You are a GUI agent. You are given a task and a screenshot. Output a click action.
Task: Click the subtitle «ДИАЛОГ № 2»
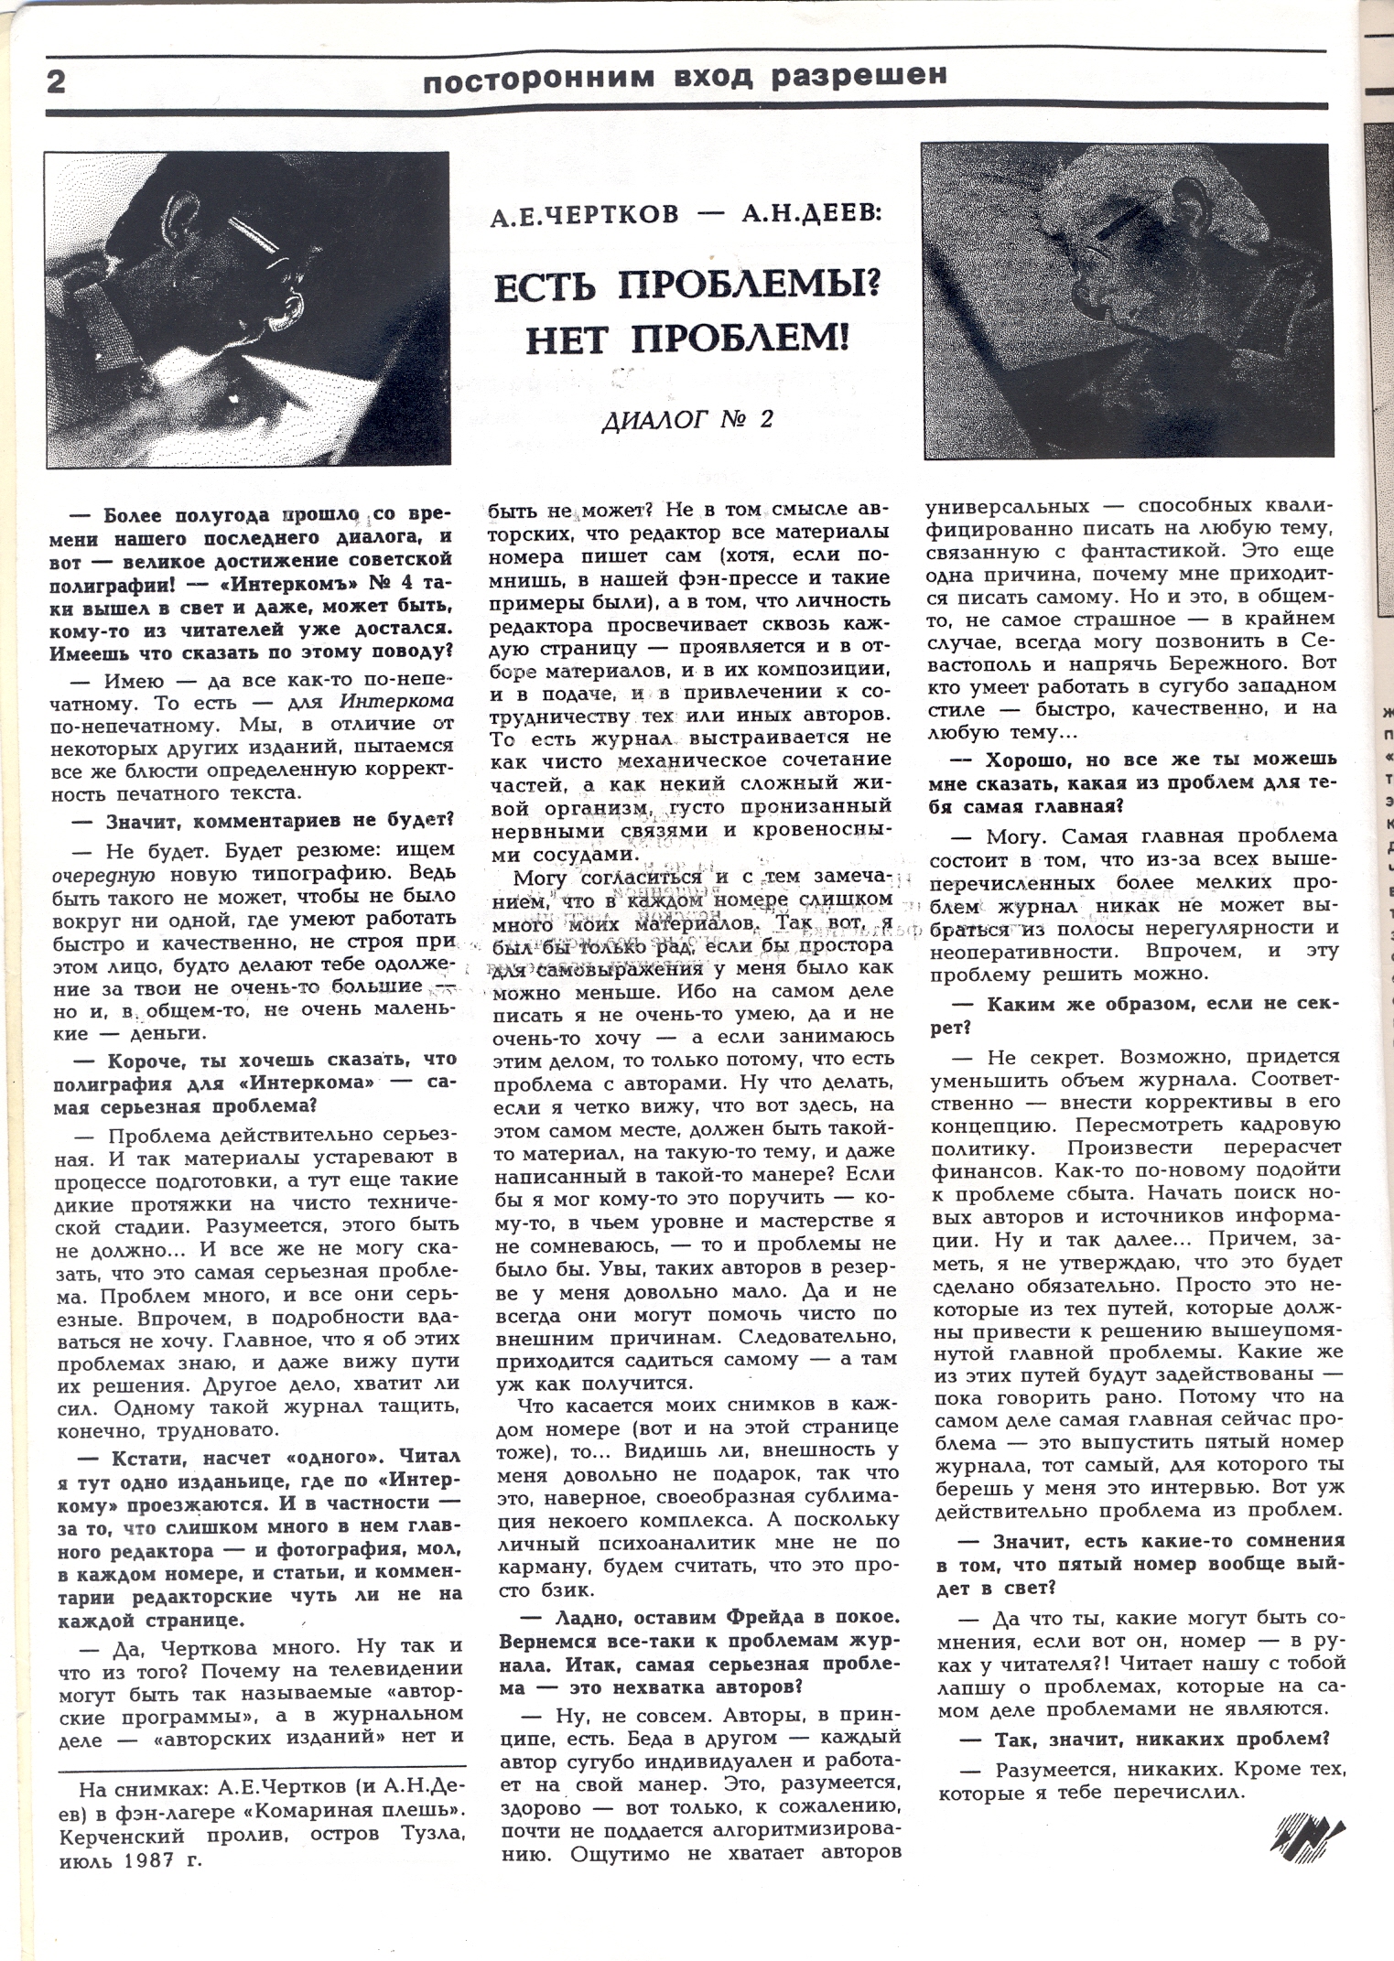pyautogui.click(x=687, y=420)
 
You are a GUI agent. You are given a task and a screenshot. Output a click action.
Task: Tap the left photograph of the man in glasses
pyautogui.click(x=247, y=309)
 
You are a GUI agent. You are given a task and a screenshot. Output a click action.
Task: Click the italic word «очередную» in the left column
pyautogui.click(x=99, y=870)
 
